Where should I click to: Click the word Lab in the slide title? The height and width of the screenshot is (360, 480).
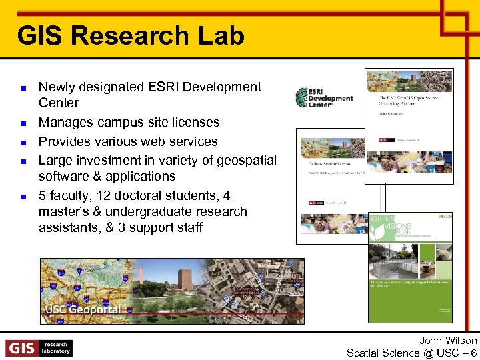point(222,35)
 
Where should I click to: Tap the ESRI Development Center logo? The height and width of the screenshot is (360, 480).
point(325,98)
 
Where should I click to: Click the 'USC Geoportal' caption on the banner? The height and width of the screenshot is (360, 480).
point(83,309)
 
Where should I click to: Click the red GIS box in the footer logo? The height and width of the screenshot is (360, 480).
point(21,348)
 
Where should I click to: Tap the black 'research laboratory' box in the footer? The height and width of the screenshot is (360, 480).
point(55,348)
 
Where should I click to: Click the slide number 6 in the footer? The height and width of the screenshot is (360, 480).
point(473,353)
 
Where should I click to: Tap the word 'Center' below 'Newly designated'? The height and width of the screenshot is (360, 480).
point(59,103)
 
